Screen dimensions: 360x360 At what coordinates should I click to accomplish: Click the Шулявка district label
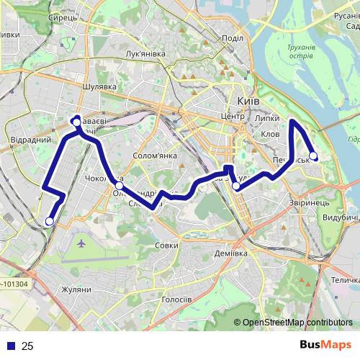point(99,86)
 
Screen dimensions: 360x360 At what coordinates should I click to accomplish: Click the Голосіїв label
point(176,299)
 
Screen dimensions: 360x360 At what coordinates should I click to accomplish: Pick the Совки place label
point(166,246)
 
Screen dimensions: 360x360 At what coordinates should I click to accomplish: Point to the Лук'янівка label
point(145,54)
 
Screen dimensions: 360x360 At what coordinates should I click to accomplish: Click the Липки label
point(267,117)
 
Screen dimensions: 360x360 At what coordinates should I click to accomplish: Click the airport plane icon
point(80,244)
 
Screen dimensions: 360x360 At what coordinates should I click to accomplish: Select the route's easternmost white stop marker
point(313,156)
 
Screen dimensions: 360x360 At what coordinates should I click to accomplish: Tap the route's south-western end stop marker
point(49,221)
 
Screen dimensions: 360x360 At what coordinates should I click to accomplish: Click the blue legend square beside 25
point(12,346)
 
